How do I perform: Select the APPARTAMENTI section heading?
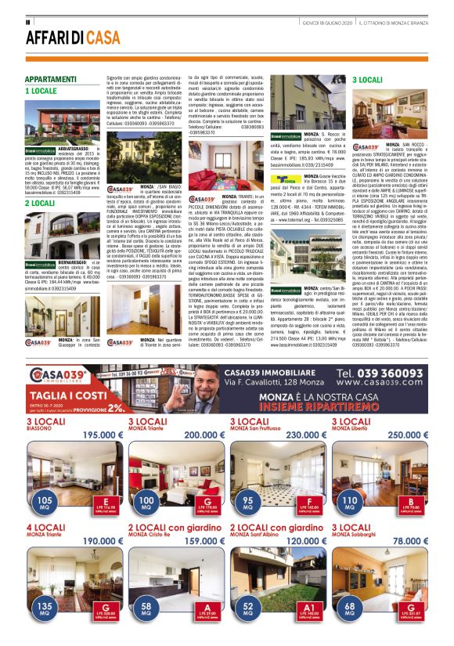tap(51, 80)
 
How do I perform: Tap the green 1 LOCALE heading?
tap(42, 91)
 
